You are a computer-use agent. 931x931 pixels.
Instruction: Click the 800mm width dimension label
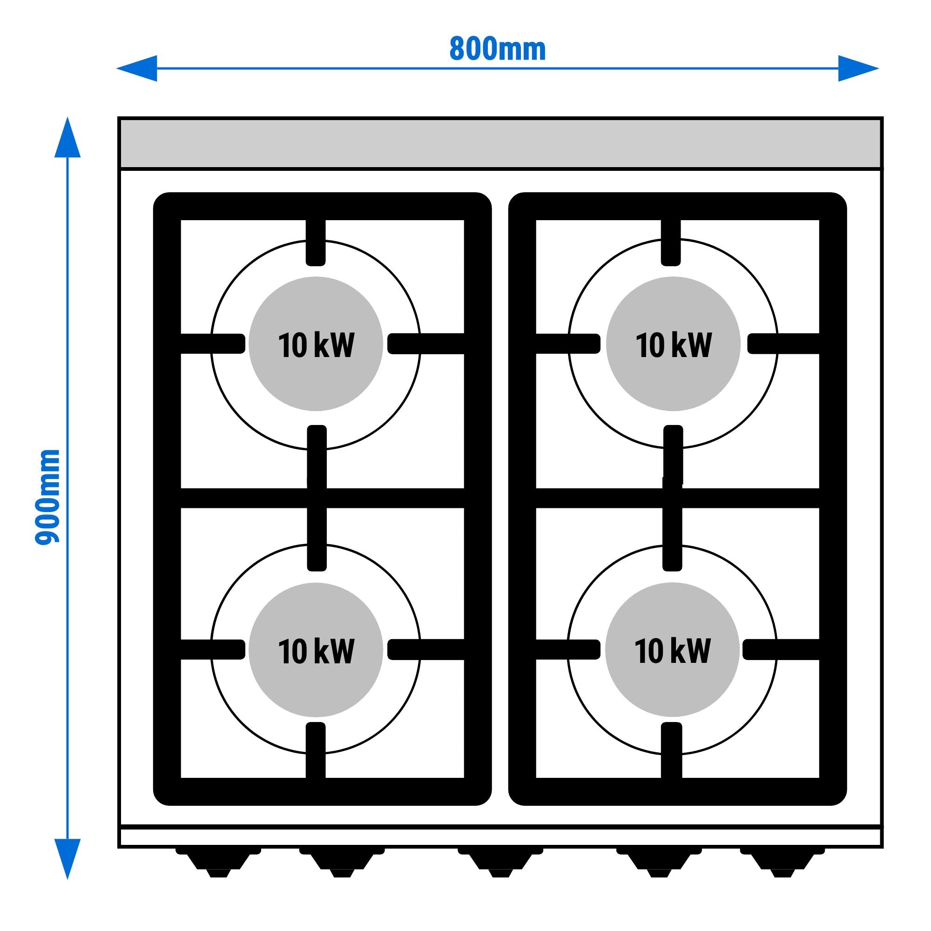click(497, 49)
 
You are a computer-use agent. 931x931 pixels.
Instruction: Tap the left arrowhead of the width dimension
click(137, 68)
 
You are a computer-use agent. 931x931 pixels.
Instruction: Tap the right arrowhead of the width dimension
click(858, 68)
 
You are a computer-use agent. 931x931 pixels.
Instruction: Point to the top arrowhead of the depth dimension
click(67, 137)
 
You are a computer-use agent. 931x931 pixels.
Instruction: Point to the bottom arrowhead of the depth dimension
click(67, 858)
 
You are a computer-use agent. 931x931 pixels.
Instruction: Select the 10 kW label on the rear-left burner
click(316, 345)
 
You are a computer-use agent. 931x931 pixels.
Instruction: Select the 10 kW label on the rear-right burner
click(673, 345)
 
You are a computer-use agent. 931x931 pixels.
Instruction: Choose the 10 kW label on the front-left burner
click(316, 651)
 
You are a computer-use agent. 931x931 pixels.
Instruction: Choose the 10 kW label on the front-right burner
click(672, 651)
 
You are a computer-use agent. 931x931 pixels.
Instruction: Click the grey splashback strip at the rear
click(500, 143)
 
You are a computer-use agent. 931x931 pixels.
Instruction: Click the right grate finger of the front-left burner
click(426, 649)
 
